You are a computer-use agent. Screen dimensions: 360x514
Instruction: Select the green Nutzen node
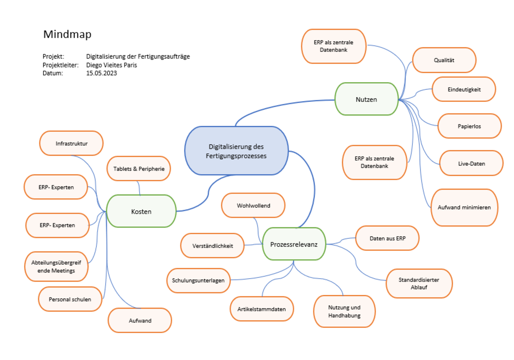(x=366, y=99)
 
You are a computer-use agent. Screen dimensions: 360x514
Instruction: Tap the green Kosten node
(x=141, y=211)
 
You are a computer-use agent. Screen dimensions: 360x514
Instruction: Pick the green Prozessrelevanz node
(x=293, y=244)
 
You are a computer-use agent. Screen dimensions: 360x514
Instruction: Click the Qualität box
(x=444, y=60)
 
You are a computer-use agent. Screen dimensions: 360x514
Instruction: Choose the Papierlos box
(x=469, y=126)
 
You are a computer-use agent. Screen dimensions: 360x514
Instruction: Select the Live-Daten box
(x=471, y=163)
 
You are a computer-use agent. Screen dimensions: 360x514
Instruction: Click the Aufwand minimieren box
(x=464, y=208)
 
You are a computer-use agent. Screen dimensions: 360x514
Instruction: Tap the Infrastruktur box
(x=71, y=143)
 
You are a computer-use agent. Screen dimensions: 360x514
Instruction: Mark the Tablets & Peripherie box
(x=139, y=169)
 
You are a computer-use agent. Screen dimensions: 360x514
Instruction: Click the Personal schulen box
(x=70, y=299)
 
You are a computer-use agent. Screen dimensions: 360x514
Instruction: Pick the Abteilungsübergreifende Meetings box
(x=56, y=267)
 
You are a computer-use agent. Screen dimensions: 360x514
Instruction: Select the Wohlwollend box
(x=253, y=205)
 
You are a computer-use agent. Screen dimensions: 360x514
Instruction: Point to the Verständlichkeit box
(x=212, y=246)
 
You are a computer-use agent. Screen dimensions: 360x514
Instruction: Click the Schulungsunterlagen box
(x=198, y=280)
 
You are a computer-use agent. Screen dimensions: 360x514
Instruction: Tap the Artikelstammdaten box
(x=262, y=309)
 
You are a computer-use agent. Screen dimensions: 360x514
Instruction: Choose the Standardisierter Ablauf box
(x=419, y=283)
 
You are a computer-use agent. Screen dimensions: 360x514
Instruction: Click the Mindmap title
(x=67, y=34)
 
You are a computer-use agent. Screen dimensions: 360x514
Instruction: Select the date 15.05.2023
(x=102, y=73)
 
